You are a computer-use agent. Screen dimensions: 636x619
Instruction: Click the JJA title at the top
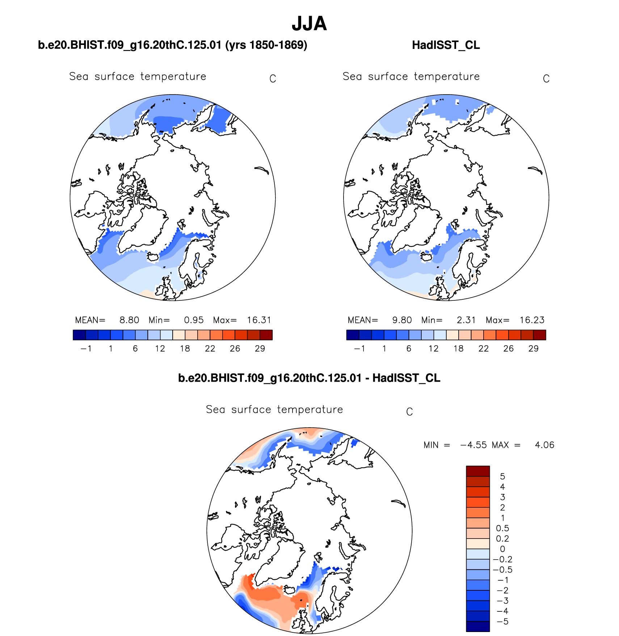[309, 24]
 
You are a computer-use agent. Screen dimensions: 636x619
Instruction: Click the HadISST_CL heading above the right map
[446, 45]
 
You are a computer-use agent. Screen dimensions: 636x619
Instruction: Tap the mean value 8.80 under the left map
[129, 320]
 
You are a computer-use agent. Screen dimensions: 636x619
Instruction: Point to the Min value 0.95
[194, 320]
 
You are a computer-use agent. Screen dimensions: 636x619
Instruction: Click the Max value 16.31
[259, 320]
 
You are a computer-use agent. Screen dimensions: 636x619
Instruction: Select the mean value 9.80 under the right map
[402, 320]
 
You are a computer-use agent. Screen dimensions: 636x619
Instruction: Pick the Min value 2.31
[466, 320]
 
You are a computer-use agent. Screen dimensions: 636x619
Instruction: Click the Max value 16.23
[532, 320]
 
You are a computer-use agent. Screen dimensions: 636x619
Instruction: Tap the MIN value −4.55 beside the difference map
[473, 445]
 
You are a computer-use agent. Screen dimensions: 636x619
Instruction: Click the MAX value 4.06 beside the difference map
[544, 445]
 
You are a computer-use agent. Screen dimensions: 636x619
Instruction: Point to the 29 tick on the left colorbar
[260, 349]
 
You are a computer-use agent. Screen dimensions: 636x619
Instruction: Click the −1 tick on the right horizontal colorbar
[359, 349]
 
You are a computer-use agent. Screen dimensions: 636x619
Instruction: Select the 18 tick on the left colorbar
[185, 349]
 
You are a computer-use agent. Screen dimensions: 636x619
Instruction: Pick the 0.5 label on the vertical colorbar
[502, 528]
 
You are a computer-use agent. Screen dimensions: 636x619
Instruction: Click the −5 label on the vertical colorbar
[502, 622]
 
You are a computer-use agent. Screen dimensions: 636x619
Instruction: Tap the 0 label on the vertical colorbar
[502, 549]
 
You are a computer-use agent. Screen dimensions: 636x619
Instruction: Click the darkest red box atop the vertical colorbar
[478, 471]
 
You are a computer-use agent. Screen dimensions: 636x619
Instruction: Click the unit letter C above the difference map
[409, 412]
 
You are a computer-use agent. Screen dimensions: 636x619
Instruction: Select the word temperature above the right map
[447, 76]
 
